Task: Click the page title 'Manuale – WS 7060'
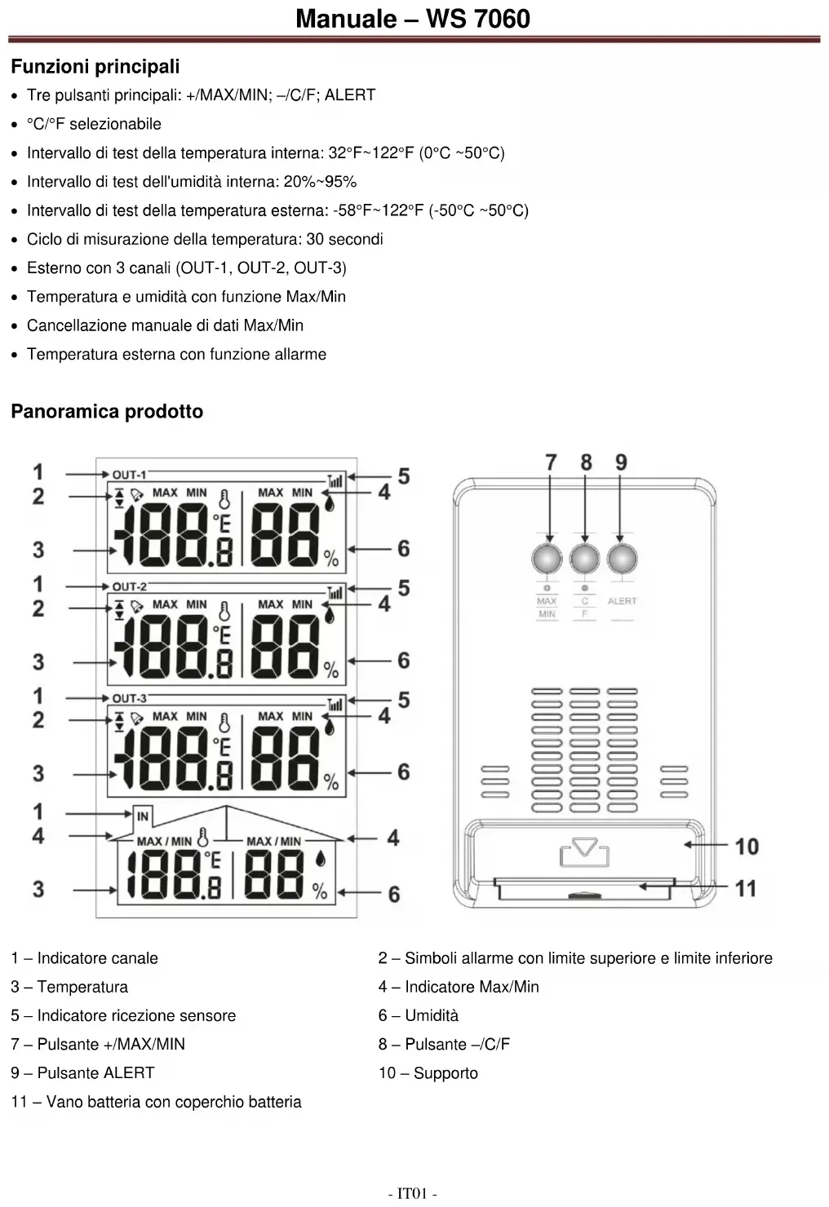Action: (413, 18)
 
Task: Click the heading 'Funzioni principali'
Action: (95, 67)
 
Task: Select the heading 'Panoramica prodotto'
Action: (107, 411)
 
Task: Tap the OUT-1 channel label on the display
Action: (129, 475)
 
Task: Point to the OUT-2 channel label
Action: (129, 586)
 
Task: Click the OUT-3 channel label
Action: (129, 698)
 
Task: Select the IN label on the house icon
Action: (143, 816)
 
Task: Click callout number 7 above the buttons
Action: (551, 462)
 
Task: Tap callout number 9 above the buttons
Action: (621, 462)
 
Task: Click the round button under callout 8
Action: (584, 559)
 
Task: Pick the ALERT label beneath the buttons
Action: (622, 601)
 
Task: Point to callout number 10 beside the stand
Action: (747, 847)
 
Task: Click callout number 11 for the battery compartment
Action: (746, 888)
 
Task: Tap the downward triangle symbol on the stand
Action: (584, 847)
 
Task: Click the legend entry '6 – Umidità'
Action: (418, 1015)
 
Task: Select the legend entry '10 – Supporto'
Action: (428, 1073)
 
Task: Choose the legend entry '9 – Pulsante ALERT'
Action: (82, 1073)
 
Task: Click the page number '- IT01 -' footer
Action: (413, 1194)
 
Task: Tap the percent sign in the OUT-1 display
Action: (330, 559)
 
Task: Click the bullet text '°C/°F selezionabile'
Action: (94, 124)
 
